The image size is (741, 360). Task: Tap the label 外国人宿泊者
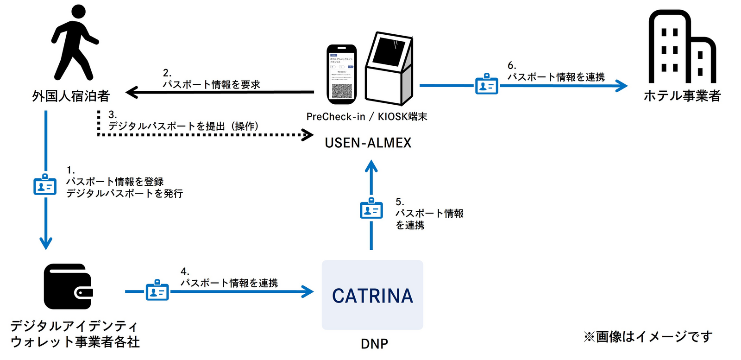pyautogui.click(x=70, y=96)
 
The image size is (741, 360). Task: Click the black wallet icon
pyautogui.click(x=68, y=286)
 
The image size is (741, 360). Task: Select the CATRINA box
pyautogui.click(x=372, y=295)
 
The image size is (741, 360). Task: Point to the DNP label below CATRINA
pyautogui.click(x=374, y=344)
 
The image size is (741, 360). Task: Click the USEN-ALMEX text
pyautogui.click(x=368, y=143)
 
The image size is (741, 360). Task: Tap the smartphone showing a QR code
pyautogui.click(x=342, y=74)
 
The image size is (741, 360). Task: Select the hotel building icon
pyautogui.click(x=681, y=48)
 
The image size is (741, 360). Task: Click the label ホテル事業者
pyautogui.click(x=682, y=96)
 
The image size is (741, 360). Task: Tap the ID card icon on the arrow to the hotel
pyautogui.click(x=487, y=84)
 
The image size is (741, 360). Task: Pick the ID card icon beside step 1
pyautogui.click(x=45, y=185)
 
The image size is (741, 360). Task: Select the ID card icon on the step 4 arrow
pyautogui.click(x=157, y=291)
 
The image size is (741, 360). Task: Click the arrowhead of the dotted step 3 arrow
pyautogui.click(x=308, y=135)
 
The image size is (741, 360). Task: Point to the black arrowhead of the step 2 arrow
pyautogui.click(x=132, y=92)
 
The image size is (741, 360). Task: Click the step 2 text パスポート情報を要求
pyautogui.click(x=211, y=84)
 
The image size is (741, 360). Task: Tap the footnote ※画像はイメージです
pyautogui.click(x=647, y=336)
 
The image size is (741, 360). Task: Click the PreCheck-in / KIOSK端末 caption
pyautogui.click(x=366, y=117)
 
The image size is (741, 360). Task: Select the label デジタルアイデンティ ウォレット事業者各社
pyautogui.click(x=75, y=334)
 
